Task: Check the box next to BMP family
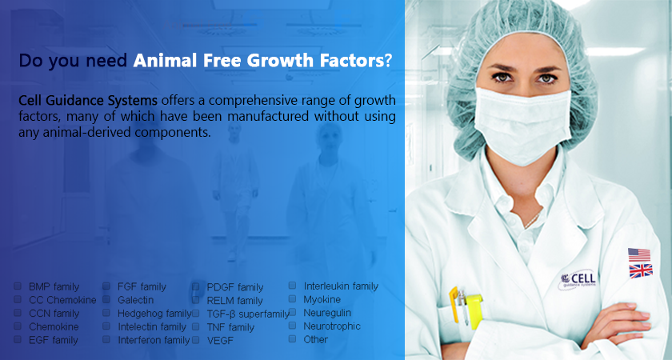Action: [x=18, y=286]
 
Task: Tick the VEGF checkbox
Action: [x=195, y=340]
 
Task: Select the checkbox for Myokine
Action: [x=292, y=298]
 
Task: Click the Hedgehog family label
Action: [x=154, y=314]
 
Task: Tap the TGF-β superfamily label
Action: [x=248, y=314]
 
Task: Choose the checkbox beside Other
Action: [x=292, y=339]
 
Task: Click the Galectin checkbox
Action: [x=106, y=299]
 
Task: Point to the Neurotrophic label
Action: [x=332, y=326]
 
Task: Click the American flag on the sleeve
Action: [x=639, y=254]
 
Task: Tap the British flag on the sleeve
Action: [x=641, y=271]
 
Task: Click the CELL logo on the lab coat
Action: [x=577, y=280]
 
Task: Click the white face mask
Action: [x=522, y=123]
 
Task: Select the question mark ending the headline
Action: [x=388, y=61]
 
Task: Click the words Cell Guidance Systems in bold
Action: [x=88, y=101]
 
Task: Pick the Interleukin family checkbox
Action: [x=292, y=286]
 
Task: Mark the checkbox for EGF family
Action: [x=18, y=339]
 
